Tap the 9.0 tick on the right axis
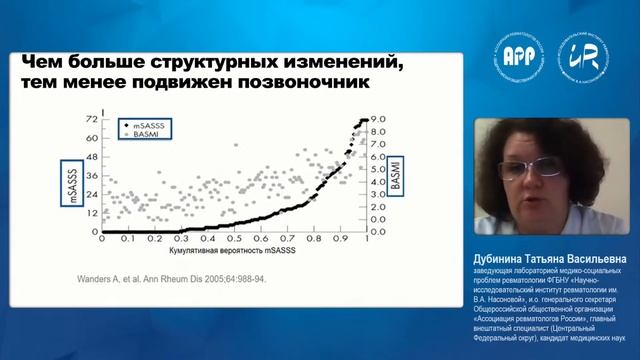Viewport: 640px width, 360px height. [377, 118]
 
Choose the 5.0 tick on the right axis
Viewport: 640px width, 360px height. [377, 169]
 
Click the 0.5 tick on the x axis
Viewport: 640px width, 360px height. [235, 241]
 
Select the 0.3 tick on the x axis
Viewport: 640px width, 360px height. [181, 241]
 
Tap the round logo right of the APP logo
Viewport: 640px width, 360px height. [581, 55]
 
